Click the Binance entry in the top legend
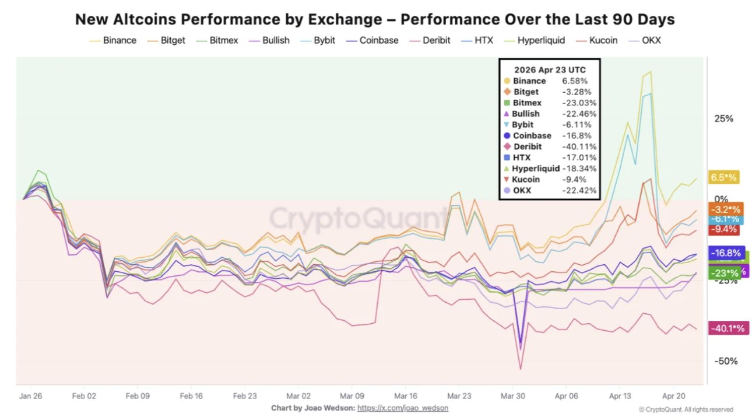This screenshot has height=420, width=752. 120,40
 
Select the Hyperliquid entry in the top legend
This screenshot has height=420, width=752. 540,40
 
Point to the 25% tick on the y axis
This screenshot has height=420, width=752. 723,119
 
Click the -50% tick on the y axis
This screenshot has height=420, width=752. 725,361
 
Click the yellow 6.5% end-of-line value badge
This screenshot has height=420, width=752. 723,177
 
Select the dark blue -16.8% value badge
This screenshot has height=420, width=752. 725,253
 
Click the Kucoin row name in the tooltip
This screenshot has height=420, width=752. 526,180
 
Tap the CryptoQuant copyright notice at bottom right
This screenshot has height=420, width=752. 686,409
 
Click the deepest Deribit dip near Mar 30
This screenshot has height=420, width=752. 520,369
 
